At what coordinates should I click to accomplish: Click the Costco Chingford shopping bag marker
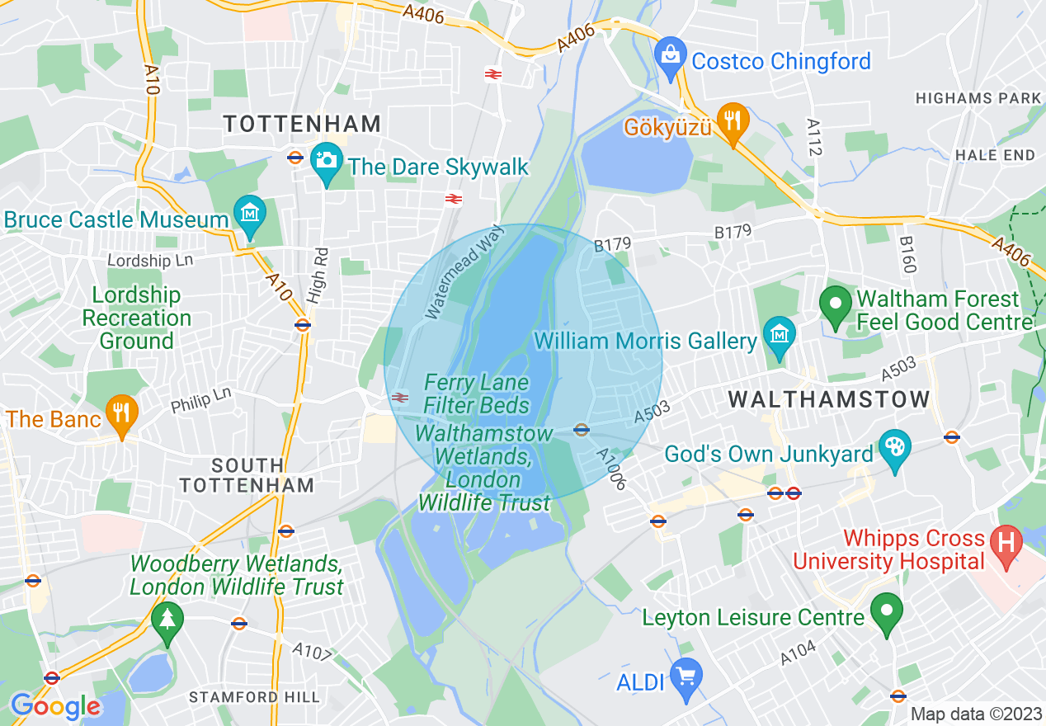click(x=671, y=54)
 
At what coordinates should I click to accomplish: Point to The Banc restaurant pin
click(x=122, y=412)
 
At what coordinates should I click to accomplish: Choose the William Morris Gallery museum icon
click(x=777, y=334)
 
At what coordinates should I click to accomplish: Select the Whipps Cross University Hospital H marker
click(x=1006, y=545)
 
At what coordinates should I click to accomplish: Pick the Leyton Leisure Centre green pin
click(x=887, y=612)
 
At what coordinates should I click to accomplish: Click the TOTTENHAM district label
click(x=303, y=124)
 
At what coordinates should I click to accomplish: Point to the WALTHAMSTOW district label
click(x=829, y=399)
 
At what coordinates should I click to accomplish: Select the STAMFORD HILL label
click(x=254, y=697)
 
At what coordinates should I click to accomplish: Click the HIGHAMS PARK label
click(x=978, y=98)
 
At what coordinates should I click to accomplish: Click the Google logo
click(x=55, y=706)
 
